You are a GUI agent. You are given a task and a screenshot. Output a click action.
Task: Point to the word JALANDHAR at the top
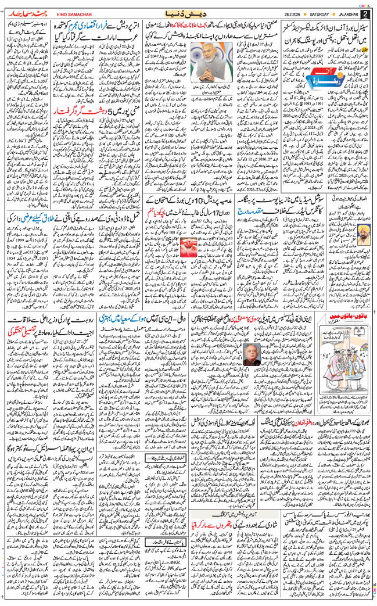click(x=347, y=13)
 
